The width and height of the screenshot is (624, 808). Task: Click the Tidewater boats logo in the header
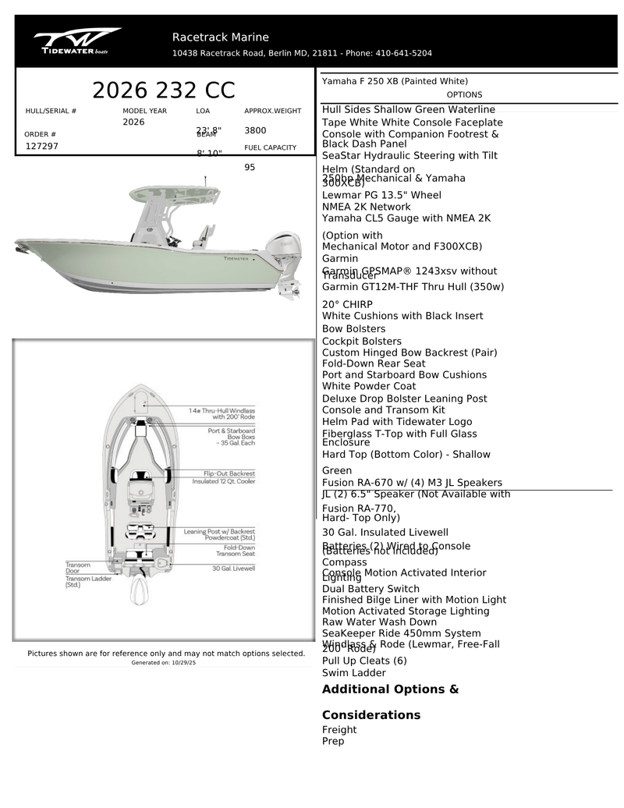click(x=76, y=41)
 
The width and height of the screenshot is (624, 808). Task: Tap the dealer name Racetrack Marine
click(x=220, y=37)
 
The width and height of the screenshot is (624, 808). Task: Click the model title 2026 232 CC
click(x=163, y=90)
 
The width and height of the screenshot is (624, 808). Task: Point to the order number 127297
click(x=42, y=146)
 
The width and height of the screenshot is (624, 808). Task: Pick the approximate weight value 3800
click(x=255, y=130)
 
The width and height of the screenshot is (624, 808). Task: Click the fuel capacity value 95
click(x=250, y=167)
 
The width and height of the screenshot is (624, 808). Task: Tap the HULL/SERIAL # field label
click(x=51, y=112)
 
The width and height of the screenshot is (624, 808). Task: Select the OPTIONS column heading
click(x=464, y=94)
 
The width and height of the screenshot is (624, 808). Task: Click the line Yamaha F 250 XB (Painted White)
click(x=395, y=81)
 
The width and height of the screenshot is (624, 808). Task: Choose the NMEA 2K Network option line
click(x=366, y=207)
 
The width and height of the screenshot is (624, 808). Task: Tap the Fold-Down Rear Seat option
click(x=374, y=363)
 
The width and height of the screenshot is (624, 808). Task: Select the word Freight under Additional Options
click(x=339, y=730)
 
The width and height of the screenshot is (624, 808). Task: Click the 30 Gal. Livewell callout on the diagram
click(x=233, y=568)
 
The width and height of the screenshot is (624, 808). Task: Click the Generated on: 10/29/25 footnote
click(x=164, y=662)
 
